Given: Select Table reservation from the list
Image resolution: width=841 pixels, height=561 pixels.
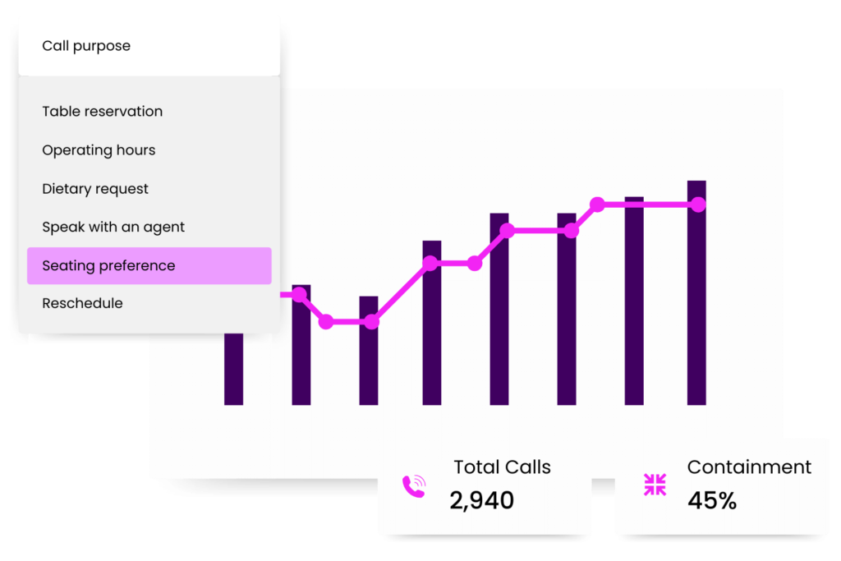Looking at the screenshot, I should (103, 112).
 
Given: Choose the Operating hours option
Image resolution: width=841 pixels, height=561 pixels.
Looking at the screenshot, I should (99, 150).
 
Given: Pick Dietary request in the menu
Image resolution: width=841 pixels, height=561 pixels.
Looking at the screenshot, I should (95, 189).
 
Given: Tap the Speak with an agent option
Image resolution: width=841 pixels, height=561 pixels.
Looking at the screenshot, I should (113, 228).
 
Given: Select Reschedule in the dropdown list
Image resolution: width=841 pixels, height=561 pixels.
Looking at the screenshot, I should (82, 304).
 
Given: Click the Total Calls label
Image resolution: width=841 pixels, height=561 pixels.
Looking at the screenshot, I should (502, 467).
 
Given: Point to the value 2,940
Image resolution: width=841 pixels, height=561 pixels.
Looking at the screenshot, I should (481, 500).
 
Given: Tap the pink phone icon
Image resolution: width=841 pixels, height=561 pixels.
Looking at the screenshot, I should (414, 487).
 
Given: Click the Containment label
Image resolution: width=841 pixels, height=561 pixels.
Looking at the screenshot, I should (749, 467).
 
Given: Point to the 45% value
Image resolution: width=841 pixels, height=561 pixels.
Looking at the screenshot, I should (712, 500).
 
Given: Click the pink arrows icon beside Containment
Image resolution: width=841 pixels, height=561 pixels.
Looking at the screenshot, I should (655, 485).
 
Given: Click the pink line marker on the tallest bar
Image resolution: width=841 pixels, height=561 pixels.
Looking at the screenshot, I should (697, 205).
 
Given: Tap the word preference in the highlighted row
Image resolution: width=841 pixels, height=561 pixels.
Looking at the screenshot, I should (136, 266).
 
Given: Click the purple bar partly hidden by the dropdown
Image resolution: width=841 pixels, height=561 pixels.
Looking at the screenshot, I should (234, 370).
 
